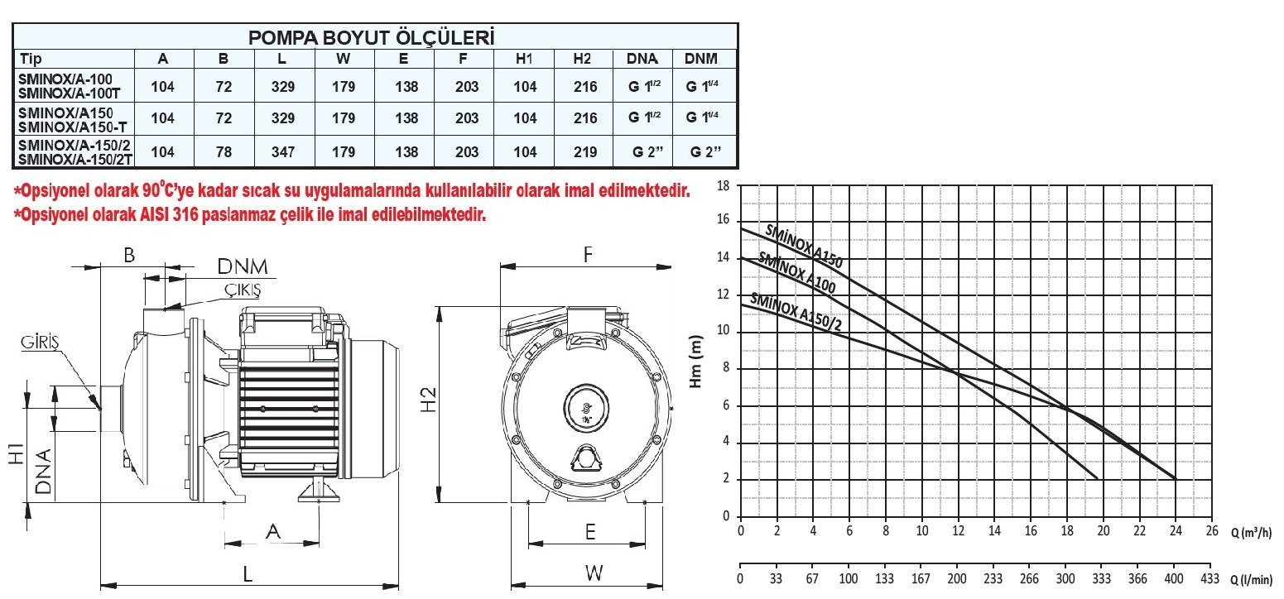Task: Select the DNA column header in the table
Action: coord(642,59)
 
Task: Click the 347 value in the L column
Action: coord(283,152)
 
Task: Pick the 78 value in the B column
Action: coord(224,152)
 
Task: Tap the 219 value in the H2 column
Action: coord(585,152)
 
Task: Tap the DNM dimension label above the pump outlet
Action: coord(243,266)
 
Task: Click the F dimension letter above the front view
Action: coord(587,254)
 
